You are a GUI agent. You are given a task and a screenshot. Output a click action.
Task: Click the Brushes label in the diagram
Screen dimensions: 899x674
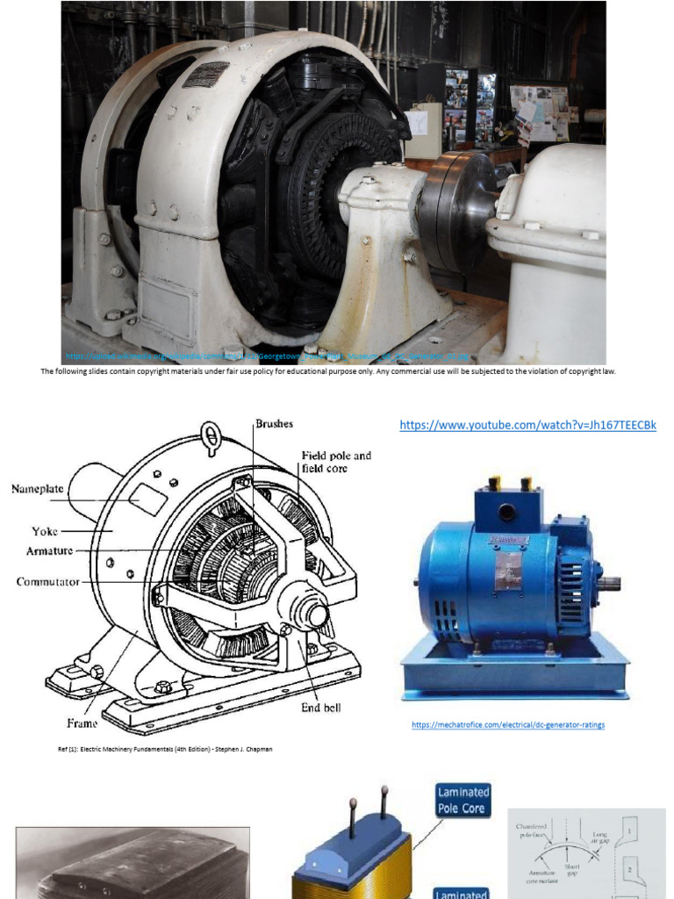coord(274,423)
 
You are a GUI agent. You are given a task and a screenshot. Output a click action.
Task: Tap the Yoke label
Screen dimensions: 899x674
coord(45,530)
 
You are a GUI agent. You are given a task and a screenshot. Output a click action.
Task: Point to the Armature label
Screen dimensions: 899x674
coord(50,550)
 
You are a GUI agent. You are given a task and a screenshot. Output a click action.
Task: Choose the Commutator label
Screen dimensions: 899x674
coord(48,581)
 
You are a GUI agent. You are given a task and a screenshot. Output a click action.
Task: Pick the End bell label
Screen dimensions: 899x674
coord(321,708)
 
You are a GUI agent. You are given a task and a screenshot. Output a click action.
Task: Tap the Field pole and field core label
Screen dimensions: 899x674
coord(336,462)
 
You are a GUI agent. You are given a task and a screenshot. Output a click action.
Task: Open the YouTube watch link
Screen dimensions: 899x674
coord(527,426)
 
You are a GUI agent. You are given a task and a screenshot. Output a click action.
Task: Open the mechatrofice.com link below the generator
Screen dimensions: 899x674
coord(509,724)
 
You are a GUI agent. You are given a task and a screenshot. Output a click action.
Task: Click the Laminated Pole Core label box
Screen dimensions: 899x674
coord(463,799)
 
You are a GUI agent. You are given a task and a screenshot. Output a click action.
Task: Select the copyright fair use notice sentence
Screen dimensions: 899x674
coord(328,371)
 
